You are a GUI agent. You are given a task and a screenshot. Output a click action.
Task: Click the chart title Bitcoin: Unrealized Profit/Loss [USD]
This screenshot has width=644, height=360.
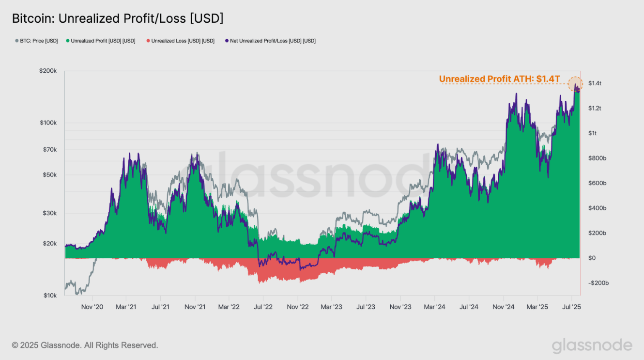118,19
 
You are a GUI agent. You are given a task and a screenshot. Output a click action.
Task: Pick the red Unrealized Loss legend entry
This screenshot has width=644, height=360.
180,41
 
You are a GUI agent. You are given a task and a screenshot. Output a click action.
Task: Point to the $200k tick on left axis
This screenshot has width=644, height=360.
48,71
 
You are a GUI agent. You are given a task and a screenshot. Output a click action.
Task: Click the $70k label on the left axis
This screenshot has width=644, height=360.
49,150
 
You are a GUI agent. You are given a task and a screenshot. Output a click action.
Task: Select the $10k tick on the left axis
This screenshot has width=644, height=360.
49,296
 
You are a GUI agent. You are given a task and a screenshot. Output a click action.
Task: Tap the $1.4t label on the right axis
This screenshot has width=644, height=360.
595,83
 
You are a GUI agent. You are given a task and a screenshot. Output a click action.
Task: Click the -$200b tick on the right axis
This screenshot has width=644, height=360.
598,283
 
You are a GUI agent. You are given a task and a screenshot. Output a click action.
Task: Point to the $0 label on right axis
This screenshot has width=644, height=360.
592,258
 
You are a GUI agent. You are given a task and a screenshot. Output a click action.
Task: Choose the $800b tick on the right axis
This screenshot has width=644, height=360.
597,158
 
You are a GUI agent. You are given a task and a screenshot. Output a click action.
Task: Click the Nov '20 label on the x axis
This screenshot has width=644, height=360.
92,307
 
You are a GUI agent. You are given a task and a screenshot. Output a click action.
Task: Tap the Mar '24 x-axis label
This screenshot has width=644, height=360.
434,307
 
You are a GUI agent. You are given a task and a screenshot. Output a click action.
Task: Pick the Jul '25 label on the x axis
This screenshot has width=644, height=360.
571,307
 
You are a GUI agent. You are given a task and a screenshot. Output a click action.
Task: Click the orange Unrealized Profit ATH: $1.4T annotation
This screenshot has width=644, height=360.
499,79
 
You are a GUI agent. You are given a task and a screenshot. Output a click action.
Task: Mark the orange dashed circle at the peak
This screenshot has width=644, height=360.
575,84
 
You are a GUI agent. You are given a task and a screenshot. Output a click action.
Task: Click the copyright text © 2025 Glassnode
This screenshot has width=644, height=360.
85,345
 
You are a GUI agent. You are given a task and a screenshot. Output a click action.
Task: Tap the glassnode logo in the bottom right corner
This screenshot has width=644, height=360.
592,345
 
